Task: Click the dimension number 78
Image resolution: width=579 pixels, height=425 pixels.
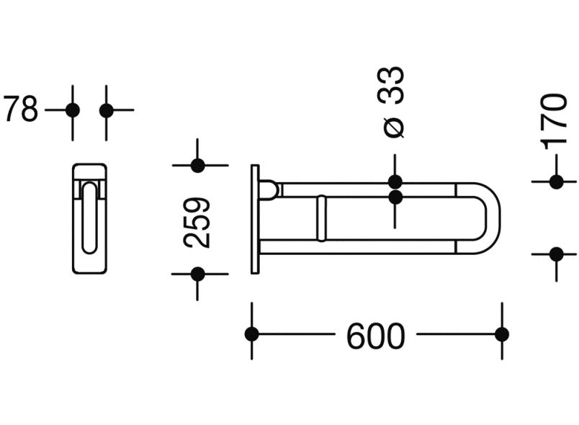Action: pos(20,109)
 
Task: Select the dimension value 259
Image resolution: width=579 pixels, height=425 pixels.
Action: pos(197,223)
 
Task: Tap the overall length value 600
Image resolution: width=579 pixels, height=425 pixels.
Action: pos(375,336)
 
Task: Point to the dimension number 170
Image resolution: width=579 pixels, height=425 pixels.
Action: pos(554,121)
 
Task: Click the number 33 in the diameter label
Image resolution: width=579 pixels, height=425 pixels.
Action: pos(390,86)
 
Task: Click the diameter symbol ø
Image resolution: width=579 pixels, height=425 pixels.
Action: pos(394,127)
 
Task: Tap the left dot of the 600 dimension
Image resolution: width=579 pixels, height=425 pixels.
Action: pos(252,334)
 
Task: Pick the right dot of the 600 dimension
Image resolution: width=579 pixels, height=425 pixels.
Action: pos(502,334)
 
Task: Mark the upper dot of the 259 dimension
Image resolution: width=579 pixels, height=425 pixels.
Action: pos(197,166)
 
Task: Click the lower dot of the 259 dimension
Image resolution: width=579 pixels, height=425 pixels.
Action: pos(197,274)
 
